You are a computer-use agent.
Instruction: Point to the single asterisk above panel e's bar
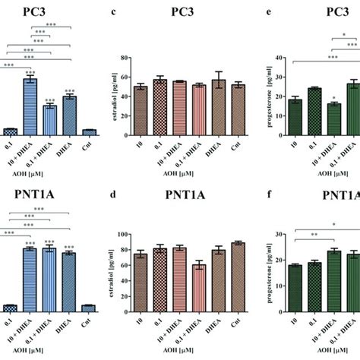[331, 97]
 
